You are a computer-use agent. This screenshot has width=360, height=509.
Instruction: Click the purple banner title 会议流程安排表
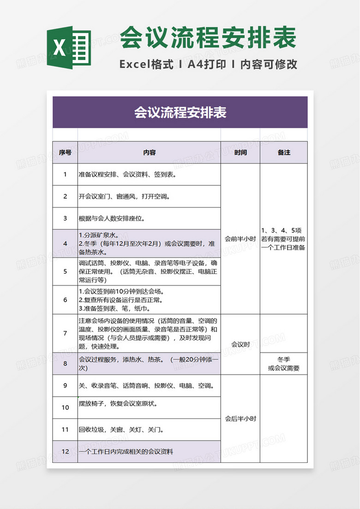(x=180, y=112)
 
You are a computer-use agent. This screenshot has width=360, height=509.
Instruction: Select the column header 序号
(x=65, y=152)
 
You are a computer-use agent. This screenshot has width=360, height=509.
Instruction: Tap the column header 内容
(x=149, y=152)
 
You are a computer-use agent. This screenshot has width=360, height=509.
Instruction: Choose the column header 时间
(x=240, y=152)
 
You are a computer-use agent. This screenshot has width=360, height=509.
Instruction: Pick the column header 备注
(x=284, y=152)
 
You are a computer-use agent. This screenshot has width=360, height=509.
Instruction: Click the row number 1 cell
(x=65, y=175)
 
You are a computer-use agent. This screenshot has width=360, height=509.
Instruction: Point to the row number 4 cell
(x=65, y=243)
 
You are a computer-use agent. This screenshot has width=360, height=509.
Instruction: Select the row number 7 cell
(x=65, y=333)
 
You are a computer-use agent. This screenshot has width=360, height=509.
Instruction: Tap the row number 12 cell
(x=65, y=452)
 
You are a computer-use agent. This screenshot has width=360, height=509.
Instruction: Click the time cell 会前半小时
(x=240, y=239)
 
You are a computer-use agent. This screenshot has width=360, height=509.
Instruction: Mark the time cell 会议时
(x=240, y=344)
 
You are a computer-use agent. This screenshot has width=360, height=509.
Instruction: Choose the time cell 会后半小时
(x=240, y=419)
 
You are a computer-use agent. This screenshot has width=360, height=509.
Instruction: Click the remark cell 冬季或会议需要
(x=284, y=364)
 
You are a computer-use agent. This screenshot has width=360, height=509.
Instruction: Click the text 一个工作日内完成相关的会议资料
(x=126, y=452)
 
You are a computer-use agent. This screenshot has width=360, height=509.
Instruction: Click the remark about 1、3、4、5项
(x=283, y=238)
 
